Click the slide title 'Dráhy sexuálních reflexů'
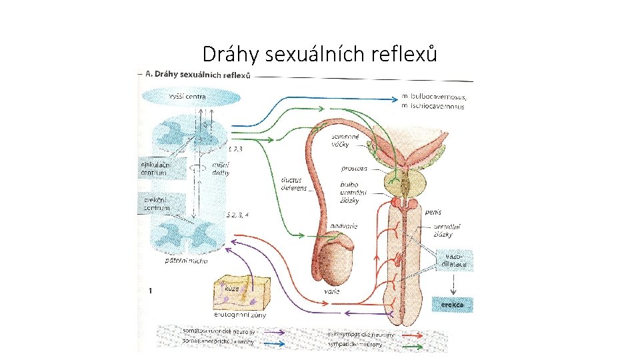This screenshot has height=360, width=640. [x=320, y=53]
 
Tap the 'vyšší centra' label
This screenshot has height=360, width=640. [x=187, y=97]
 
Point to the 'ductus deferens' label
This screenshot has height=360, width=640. [x=294, y=184]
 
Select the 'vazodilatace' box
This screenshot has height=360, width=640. [x=453, y=260]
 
